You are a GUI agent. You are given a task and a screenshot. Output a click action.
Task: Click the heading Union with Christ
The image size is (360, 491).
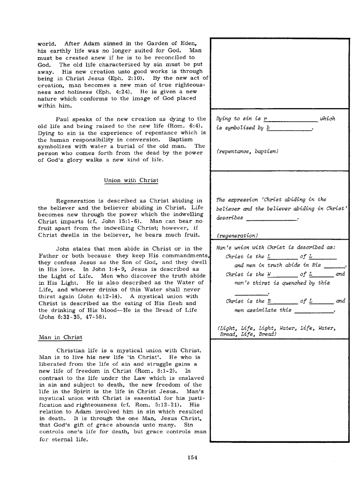point(131,180)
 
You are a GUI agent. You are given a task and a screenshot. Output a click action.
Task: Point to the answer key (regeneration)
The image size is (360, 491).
point(237,235)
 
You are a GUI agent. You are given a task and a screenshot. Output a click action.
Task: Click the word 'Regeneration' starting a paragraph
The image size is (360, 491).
point(75,200)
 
